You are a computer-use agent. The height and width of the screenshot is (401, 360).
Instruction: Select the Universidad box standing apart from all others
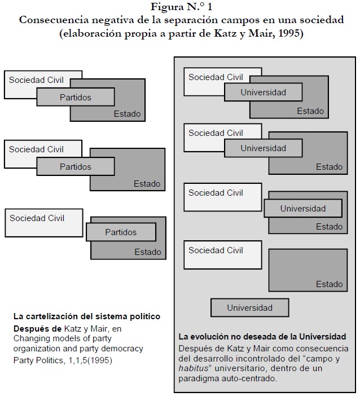point(249,308)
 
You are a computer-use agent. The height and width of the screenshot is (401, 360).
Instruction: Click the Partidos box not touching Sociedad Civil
point(121,232)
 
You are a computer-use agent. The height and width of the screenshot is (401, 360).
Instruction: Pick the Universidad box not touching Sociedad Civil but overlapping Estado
point(302,209)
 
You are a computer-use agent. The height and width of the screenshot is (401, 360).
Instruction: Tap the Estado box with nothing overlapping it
point(308,271)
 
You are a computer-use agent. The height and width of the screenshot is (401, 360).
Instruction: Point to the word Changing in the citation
point(31,338)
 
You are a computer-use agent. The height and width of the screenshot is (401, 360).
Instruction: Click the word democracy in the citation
point(121,349)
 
